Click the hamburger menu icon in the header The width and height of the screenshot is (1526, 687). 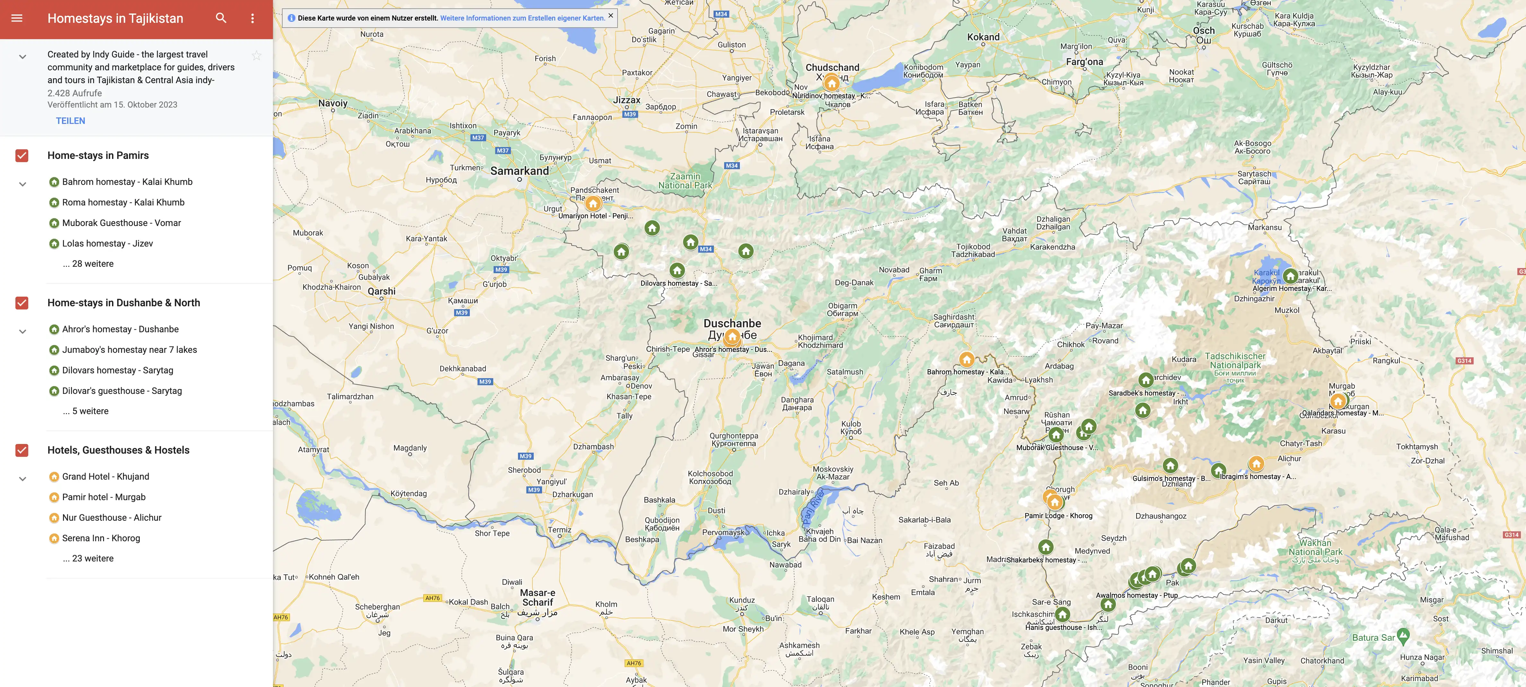tap(17, 18)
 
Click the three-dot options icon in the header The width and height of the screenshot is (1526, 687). tap(252, 18)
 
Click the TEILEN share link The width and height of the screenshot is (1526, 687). tap(71, 121)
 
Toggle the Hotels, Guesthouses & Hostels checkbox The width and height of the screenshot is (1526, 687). tap(22, 450)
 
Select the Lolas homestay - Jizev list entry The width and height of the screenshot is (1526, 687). tap(107, 243)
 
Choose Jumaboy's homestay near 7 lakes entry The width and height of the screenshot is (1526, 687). tap(129, 349)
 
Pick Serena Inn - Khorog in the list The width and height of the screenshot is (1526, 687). tap(101, 538)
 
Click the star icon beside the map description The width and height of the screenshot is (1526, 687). tap(257, 56)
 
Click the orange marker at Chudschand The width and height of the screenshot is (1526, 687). tap(832, 83)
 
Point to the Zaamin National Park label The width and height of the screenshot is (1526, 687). tap(685, 181)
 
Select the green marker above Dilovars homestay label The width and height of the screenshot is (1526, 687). tap(677, 271)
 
